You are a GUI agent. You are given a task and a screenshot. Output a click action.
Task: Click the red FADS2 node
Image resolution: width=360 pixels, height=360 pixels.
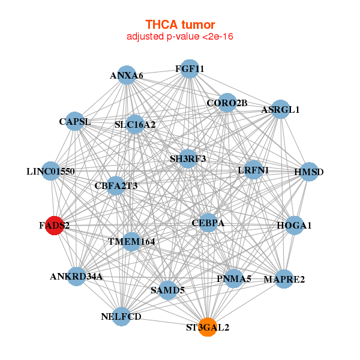click(55, 226)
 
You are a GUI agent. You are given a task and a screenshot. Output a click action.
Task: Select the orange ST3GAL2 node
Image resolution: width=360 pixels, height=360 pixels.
click(208, 327)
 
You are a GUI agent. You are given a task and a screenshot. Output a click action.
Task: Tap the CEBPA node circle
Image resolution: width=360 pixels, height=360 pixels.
click(208, 223)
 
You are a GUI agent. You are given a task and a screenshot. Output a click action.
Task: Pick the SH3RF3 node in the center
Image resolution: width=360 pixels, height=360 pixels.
click(188, 158)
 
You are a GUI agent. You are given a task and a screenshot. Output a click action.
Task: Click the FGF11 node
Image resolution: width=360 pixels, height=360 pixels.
click(190, 68)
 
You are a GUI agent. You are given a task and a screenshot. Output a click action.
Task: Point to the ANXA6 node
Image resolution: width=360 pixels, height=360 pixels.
click(127, 75)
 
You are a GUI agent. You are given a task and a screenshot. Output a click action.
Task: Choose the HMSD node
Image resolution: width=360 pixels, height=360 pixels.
click(309, 172)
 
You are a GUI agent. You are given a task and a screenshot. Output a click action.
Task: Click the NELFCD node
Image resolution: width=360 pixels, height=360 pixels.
click(121, 316)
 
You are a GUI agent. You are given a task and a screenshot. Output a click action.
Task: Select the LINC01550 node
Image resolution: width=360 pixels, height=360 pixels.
click(51, 171)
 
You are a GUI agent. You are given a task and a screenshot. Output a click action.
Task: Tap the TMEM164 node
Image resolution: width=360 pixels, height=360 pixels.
click(131, 242)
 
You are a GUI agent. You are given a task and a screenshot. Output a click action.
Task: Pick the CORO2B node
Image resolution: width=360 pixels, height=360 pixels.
click(227, 103)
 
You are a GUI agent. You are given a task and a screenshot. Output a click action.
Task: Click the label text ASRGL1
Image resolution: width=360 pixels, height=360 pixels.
click(280, 110)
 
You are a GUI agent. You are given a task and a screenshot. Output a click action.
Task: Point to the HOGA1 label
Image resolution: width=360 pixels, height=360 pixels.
click(294, 226)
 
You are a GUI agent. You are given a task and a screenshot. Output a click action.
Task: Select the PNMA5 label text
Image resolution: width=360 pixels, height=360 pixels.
click(234, 278)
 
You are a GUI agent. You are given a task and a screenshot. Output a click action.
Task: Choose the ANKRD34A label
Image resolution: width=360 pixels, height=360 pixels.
click(76, 277)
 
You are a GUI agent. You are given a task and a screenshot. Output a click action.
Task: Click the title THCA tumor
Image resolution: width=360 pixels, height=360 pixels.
click(180, 25)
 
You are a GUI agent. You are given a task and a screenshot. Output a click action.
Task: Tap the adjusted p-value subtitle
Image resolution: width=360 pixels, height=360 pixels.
click(180, 37)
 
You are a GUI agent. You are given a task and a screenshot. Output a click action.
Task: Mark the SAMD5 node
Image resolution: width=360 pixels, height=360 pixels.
click(168, 290)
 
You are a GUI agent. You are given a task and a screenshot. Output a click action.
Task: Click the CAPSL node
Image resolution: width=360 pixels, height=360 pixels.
click(74, 121)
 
